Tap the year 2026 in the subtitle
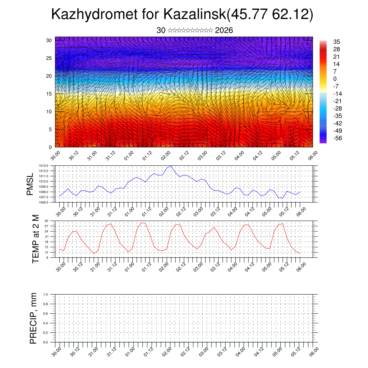click(224, 31)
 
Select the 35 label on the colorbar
click(337, 42)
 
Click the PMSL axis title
click(30, 184)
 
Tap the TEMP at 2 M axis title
click(35, 239)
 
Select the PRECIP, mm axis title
click(33, 318)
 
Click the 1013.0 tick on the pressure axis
click(44, 166)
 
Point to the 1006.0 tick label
click(44, 203)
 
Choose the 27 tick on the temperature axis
click(47, 226)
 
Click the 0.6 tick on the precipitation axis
click(45, 314)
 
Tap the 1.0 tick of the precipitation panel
click(45, 294)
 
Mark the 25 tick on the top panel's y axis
click(49, 58)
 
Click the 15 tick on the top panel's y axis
click(49, 94)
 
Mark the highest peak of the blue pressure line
click(171, 166)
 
